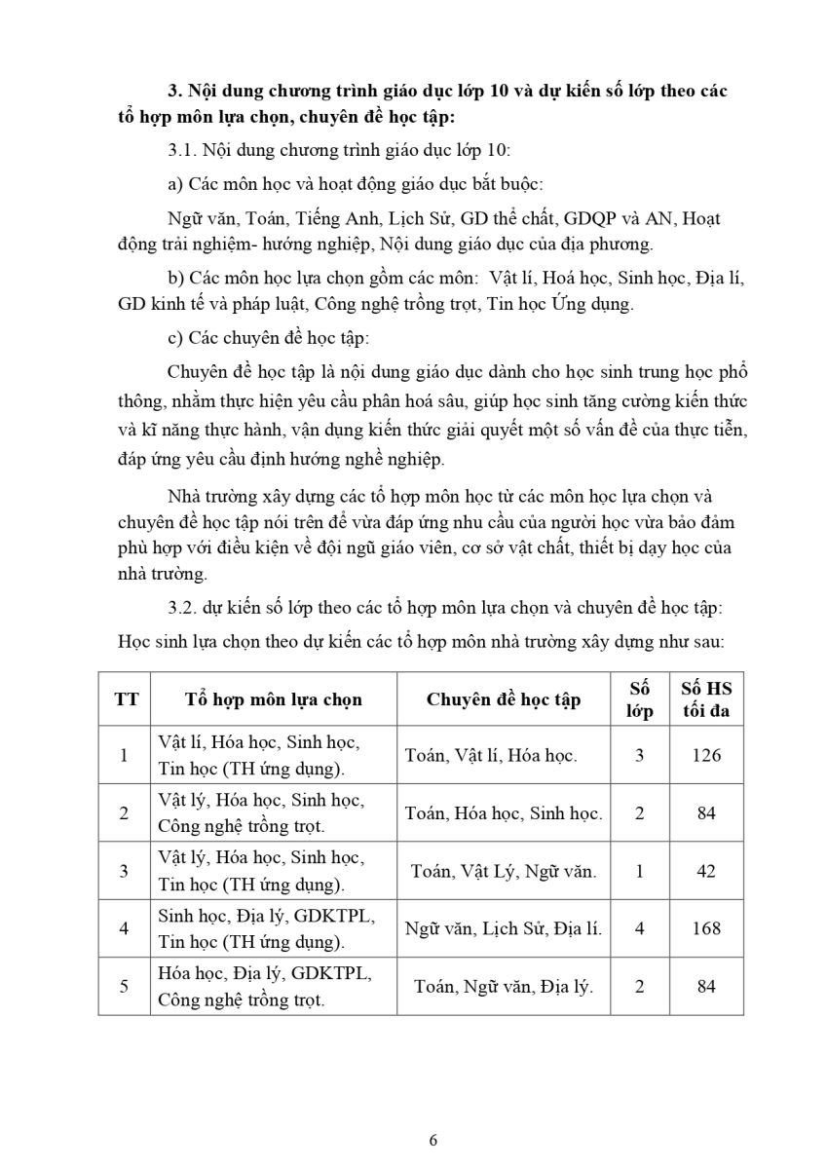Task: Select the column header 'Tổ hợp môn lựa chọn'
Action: (273, 699)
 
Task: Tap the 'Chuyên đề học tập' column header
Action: (503, 699)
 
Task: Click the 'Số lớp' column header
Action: (639, 699)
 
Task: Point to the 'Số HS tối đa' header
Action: (706, 699)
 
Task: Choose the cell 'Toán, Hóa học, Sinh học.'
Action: (503, 812)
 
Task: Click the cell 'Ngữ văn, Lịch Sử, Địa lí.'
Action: (503, 928)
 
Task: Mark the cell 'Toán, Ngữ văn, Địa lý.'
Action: (503, 986)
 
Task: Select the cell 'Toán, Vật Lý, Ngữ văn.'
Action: (503, 871)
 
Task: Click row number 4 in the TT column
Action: (124, 928)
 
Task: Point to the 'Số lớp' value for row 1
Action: (639, 755)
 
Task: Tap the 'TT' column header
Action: (126, 699)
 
